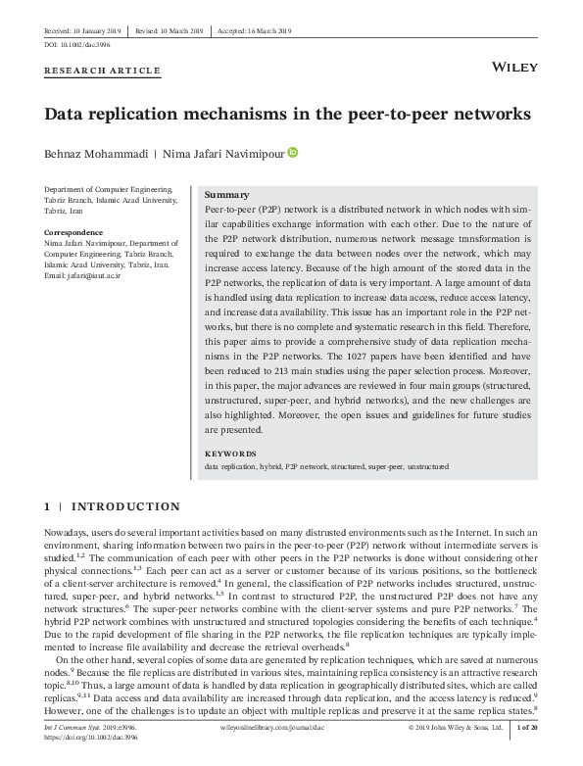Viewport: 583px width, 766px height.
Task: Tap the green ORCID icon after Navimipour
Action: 292,152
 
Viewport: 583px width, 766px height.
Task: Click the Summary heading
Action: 225,195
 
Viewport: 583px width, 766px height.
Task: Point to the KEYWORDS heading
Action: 230,455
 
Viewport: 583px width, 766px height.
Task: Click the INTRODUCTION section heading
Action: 125,506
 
